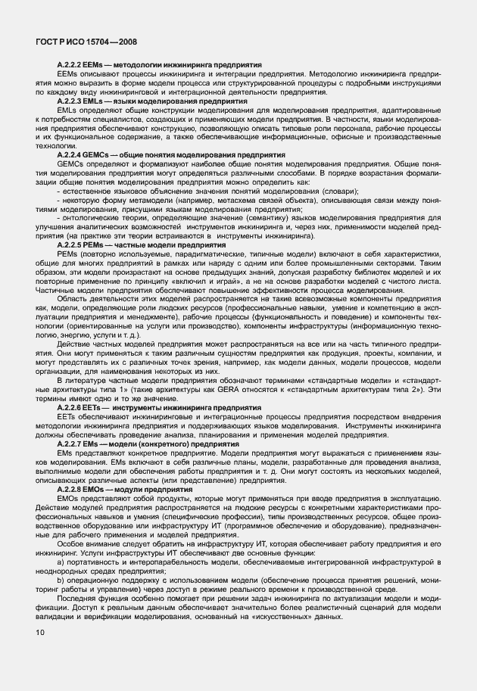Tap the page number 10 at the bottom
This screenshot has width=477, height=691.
(39, 631)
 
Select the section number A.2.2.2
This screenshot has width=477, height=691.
(70, 66)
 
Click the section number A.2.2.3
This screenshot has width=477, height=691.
(70, 100)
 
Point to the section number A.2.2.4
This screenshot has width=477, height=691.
(70, 154)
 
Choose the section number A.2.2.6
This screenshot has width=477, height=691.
(70, 407)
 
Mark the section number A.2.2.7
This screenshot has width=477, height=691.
(70, 443)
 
